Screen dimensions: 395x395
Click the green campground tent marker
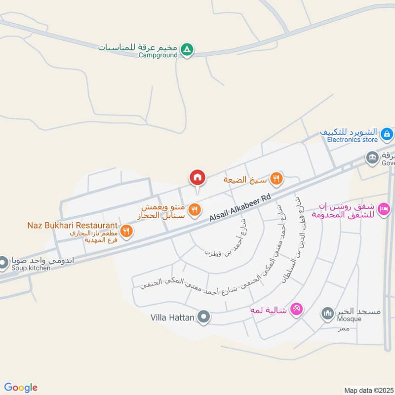coord(187,49)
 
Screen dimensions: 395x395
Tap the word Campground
coord(158,56)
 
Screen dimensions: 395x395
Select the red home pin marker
coord(197,177)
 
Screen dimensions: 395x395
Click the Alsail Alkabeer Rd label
coord(240,207)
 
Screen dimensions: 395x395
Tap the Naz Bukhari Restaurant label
coord(72,225)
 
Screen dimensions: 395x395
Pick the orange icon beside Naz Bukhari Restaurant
coord(127,231)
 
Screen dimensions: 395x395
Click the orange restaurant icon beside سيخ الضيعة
coord(276,179)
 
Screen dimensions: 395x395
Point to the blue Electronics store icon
coord(387,133)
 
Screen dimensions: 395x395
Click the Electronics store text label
coord(352,140)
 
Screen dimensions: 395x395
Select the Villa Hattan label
coord(172,318)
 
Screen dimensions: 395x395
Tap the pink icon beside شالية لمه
coord(296,309)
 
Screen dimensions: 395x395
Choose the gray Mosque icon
coord(327,313)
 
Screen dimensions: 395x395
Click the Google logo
coord(21,388)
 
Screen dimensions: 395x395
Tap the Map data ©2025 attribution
coord(369,391)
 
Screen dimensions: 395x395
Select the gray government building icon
coord(372,158)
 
